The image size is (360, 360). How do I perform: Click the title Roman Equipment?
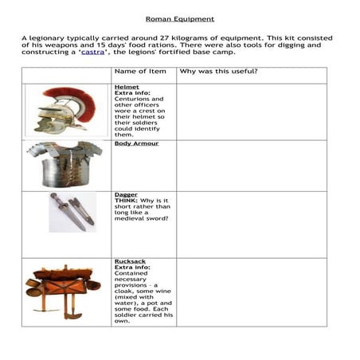179,18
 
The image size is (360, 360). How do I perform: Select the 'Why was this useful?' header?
218,71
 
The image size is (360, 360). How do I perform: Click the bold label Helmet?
126,86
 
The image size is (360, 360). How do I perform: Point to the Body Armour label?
136,143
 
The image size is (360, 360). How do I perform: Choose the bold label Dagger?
126,194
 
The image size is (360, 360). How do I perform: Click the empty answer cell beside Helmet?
251,112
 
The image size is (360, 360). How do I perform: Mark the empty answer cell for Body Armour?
251,165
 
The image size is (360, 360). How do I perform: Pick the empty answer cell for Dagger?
251,224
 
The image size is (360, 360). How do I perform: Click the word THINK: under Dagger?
127,201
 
